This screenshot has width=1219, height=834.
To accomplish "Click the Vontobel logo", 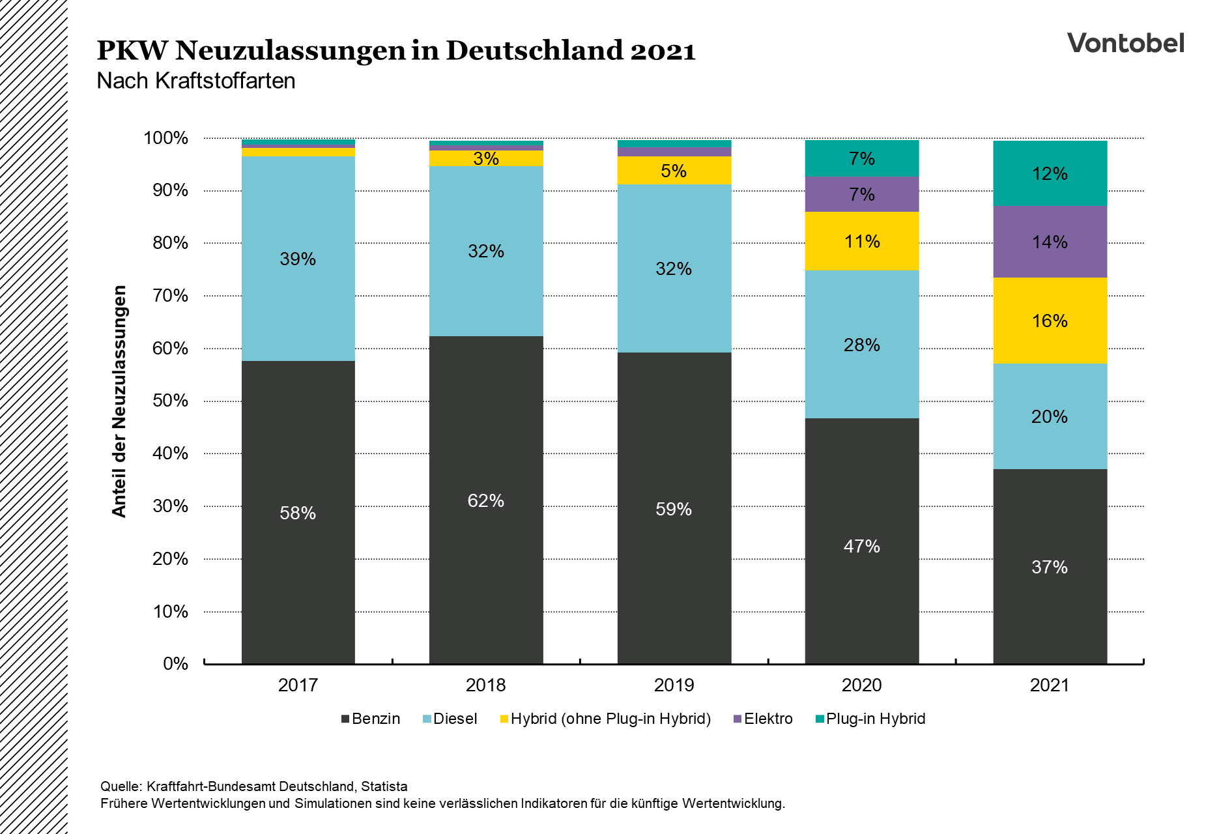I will point(1125,44).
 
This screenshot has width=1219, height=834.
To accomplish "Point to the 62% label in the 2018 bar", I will point(485,500).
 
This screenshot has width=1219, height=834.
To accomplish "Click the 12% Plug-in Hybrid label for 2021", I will point(1049,174).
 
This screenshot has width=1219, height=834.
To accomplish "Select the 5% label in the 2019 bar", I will point(673,171).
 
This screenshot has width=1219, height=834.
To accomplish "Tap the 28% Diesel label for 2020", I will point(861,345).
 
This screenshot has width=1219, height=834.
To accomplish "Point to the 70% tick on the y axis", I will point(170,296).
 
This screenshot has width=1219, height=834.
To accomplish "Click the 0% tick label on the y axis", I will point(175,664).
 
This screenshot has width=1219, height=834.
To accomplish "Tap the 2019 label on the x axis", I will point(674,685).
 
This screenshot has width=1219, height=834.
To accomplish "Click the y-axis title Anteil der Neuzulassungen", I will point(119,401).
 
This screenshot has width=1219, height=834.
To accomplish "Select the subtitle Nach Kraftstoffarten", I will point(195,81).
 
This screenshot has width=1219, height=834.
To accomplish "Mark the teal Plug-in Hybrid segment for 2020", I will point(861,158).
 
